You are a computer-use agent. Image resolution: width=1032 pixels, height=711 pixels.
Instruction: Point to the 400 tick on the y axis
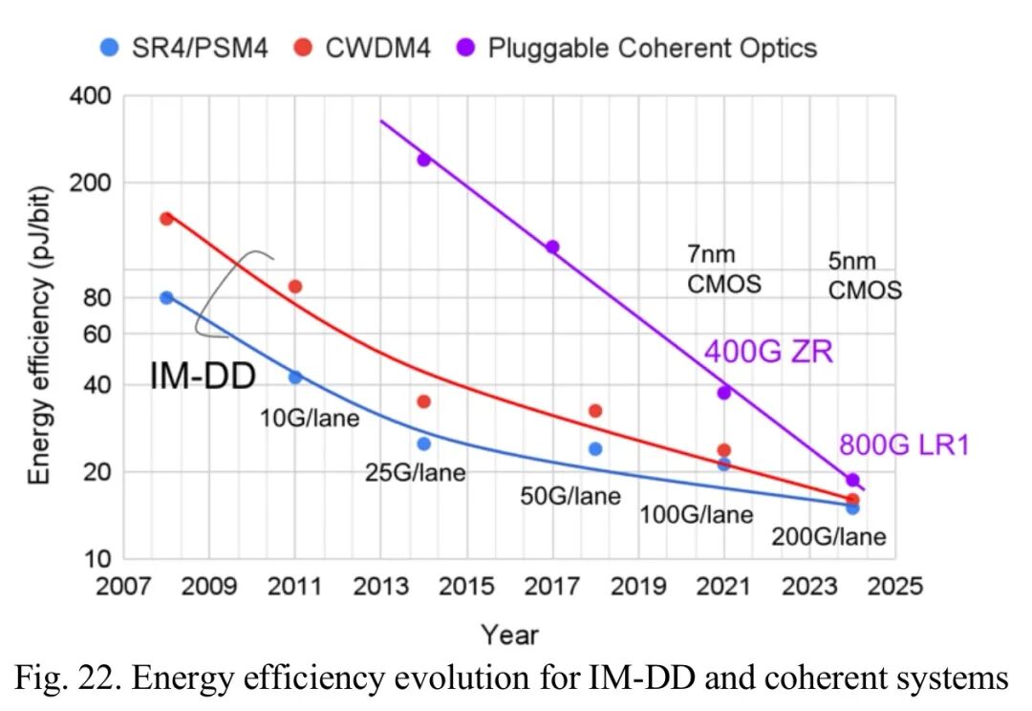pos(91,97)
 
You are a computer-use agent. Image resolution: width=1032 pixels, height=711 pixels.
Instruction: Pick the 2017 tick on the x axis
pos(552,585)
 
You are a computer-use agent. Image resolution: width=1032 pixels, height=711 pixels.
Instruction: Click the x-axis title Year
pos(509,634)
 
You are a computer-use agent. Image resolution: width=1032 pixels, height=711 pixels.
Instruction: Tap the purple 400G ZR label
pos(768,353)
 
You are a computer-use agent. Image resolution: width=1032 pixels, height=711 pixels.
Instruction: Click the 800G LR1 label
pos(904,445)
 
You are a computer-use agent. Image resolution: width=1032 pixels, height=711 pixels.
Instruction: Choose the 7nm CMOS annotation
pos(723,269)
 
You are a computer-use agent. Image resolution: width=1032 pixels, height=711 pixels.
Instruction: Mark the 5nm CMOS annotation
pos(864,276)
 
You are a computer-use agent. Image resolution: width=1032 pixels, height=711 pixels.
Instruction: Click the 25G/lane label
pos(415,472)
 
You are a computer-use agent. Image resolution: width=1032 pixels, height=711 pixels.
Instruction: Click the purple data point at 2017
pos(551,248)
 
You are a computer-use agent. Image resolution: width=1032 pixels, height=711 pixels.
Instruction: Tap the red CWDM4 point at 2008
pos(166,219)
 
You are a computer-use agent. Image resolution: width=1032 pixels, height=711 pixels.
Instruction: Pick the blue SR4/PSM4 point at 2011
pos(295,377)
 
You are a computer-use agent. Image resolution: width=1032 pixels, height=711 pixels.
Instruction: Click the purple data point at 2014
pos(423,160)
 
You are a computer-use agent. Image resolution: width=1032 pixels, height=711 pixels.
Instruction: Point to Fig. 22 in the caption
pos(67,679)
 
